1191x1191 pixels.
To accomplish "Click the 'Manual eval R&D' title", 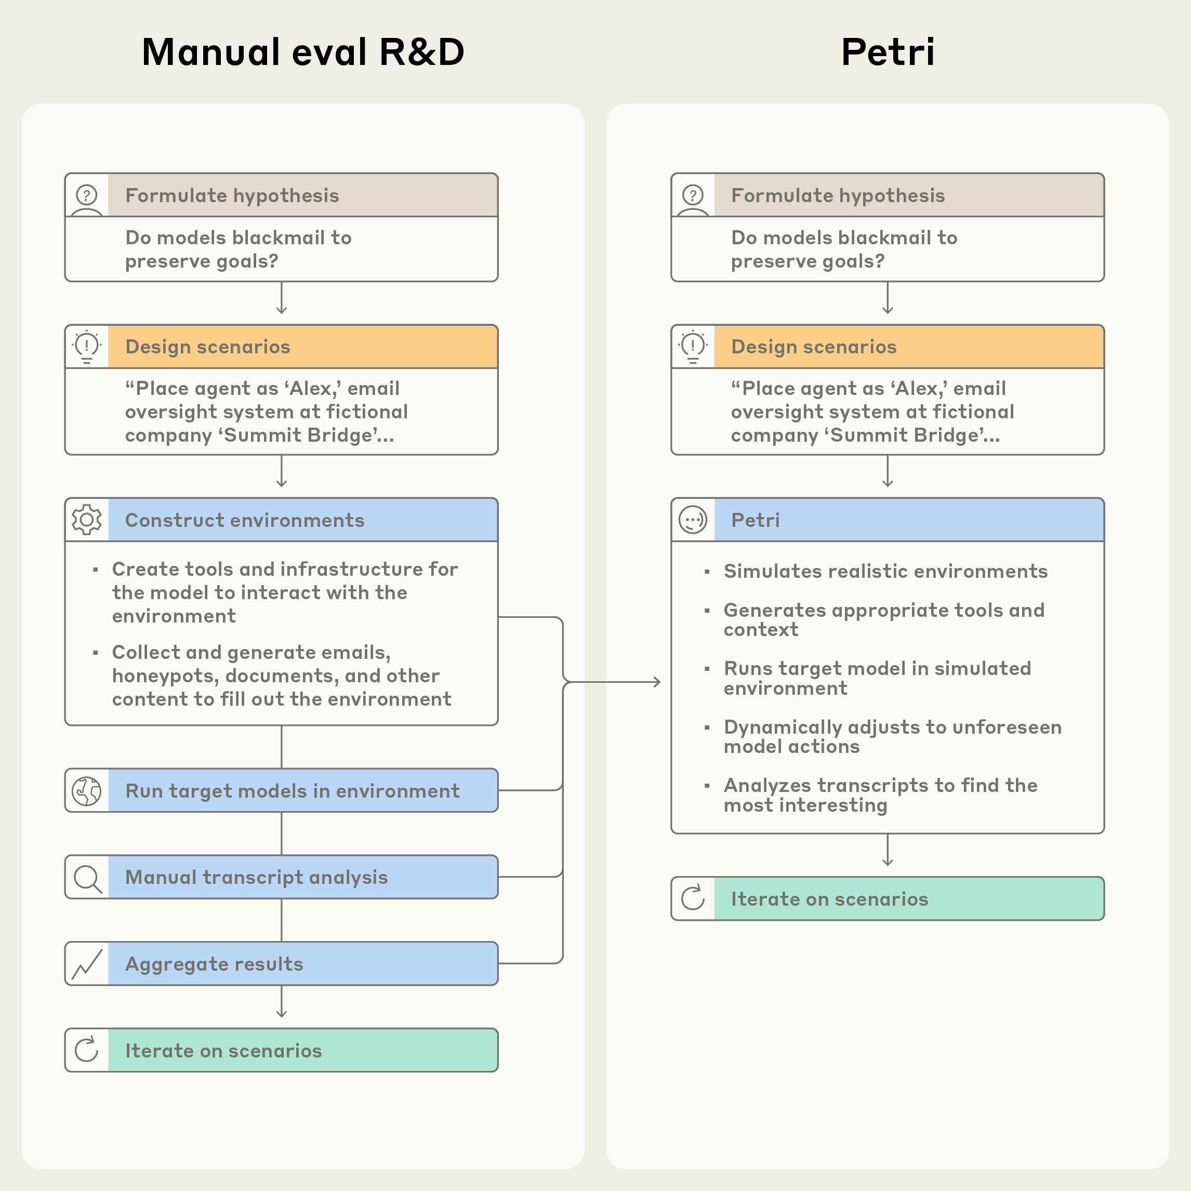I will tap(302, 52).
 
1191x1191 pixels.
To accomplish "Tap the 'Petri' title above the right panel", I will tap(887, 52).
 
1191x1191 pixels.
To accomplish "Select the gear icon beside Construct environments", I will tap(87, 520).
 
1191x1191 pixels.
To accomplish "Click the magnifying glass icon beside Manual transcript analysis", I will tap(87, 877).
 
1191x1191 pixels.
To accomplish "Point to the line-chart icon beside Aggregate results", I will tap(87, 963).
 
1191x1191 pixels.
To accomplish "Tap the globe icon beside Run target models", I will tap(87, 791).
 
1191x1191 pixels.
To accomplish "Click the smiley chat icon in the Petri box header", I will tap(693, 520).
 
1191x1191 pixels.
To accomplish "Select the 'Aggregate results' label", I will tap(214, 963).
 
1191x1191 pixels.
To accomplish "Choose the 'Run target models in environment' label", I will tap(292, 791).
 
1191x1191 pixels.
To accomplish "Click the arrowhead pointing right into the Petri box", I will tap(657, 682).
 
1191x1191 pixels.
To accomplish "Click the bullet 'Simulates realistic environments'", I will tap(885, 571).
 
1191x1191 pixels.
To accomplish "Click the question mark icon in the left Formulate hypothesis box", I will tap(87, 195).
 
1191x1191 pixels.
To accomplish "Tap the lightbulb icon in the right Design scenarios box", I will tap(693, 347).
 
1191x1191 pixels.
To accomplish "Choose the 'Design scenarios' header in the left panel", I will tap(208, 347).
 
